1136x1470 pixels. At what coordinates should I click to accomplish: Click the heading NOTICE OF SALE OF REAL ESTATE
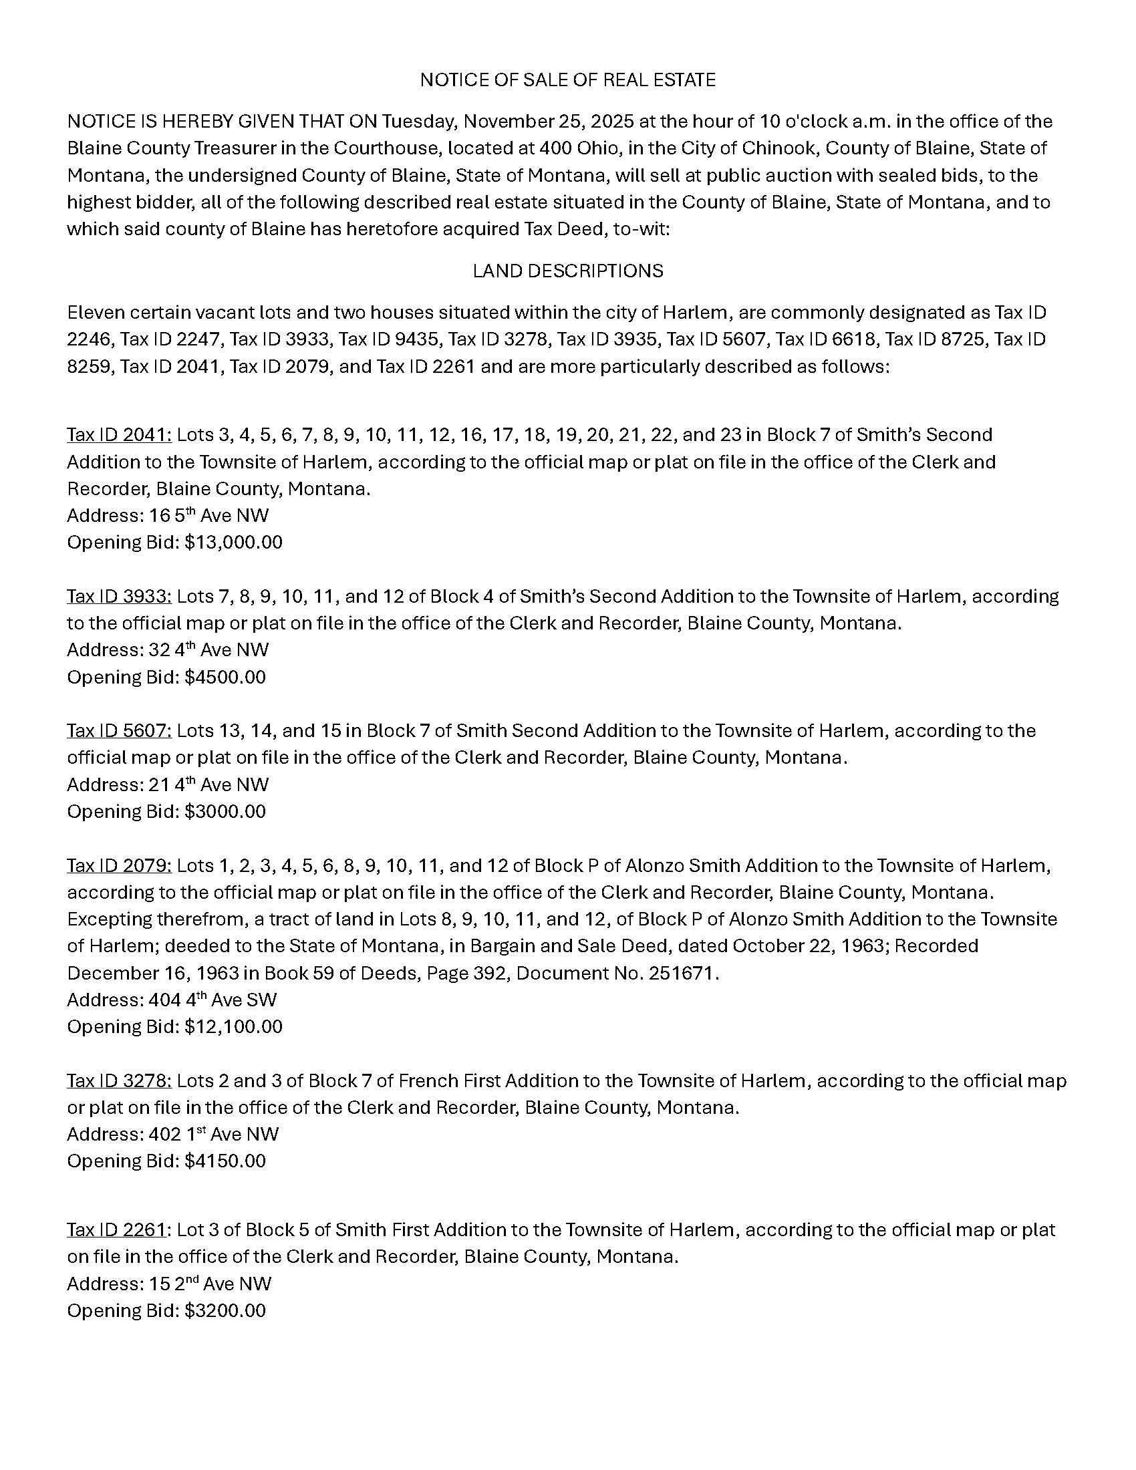click(x=567, y=80)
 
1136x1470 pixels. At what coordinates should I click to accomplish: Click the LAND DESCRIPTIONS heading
click(x=567, y=271)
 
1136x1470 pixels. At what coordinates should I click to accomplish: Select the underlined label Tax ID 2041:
click(x=119, y=435)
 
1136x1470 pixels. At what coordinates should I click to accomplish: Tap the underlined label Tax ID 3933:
click(x=119, y=596)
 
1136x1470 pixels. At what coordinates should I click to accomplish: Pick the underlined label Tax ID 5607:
click(x=119, y=731)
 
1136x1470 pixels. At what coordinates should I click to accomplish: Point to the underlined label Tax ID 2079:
click(x=119, y=865)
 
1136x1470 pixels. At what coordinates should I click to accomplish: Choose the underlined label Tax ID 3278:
click(x=119, y=1081)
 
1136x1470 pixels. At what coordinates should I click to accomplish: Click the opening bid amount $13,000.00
click(x=233, y=543)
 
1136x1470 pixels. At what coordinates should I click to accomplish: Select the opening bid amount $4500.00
click(x=225, y=677)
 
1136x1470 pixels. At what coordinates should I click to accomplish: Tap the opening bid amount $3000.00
click(x=225, y=812)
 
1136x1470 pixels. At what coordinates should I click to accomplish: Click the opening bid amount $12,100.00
click(x=233, y=1027)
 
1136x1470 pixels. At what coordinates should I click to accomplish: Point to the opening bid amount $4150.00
click(x=225, y=1161)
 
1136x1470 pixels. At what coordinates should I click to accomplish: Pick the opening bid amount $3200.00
click(x=225, y=1310)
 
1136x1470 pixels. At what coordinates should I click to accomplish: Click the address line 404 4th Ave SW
click(x=172, y=1000)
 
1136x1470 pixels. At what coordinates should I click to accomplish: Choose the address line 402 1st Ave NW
click(x=172, y=1135)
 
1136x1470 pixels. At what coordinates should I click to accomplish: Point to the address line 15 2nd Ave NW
click(x=169, y=1284)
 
